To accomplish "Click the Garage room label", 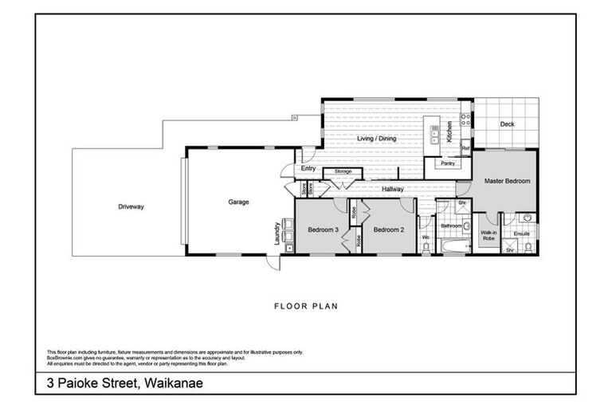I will pyautogui.click(x=238, y=202).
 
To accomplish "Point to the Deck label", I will pyautogui.click(x=507, y=124).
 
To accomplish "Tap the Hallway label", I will pyautogui.click(x=392, y=189).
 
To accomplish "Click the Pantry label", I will pyautogui.click(x=448, y=164).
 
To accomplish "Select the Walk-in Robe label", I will pyautogui.click(x=489, y=235).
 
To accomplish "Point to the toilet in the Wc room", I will pyautogui.click(x=426, y=249).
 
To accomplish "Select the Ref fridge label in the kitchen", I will pyautogui.click(x=466, y=148).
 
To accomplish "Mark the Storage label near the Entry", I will pyautogui.click(x=343, y=171).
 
